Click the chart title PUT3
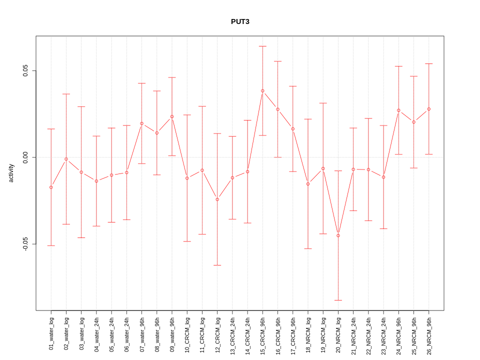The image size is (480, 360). pos(240,22)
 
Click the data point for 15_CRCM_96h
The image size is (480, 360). pos(262,91)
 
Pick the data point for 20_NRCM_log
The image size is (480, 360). pos(338,235)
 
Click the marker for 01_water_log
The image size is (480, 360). pos(51,187)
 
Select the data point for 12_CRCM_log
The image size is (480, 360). pos(217,199)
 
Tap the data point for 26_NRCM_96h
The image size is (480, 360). pos(428,109)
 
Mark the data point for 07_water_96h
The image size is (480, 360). pos(141,123)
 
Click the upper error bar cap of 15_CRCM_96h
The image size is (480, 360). pos(262,46)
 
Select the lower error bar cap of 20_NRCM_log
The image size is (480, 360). pos(338,300)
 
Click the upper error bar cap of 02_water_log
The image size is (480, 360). pos(66,94)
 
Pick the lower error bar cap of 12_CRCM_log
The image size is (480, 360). pos(217,265)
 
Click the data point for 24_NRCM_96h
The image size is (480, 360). pos(398,110)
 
